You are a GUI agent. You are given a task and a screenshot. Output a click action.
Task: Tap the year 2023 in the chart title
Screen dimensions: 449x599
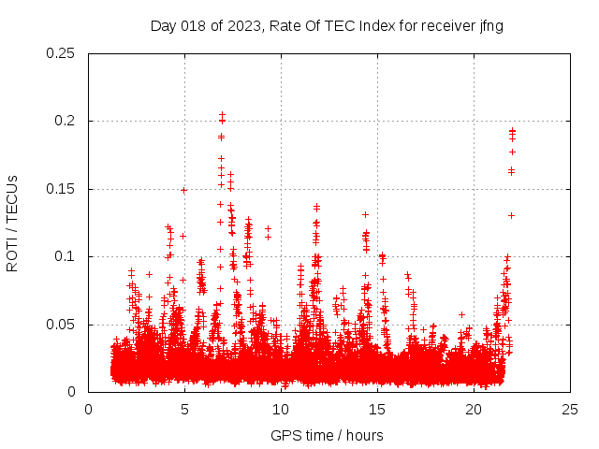click(x=238, y=26)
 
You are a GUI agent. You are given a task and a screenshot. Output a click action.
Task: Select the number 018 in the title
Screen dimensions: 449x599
click(x=194, y=26)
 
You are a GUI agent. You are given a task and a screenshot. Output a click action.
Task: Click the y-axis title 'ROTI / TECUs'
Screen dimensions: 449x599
click(x=12, y=223)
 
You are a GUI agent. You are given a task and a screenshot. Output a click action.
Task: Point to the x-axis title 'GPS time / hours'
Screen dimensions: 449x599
click(x=327, y=435)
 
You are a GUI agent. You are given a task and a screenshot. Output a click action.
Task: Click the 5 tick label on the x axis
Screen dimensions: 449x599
click(x=184, y=409)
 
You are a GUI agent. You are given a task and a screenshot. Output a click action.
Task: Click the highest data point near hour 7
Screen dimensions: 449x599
click(x=222, y=115)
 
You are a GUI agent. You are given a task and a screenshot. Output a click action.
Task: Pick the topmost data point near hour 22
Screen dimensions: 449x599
click(x=512, y=131)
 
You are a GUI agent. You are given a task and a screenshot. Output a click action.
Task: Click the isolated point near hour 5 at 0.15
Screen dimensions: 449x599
click(x=183, y=190)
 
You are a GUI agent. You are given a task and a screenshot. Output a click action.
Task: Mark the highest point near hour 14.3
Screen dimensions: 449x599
click(x=365, y=214)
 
